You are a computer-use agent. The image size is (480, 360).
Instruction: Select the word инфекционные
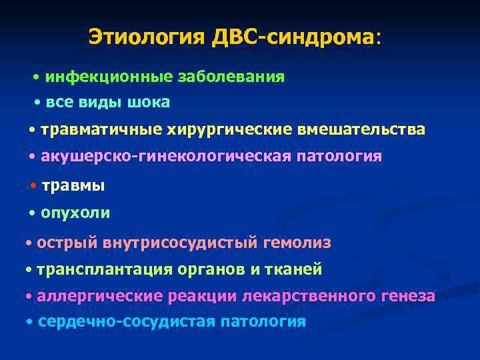109,77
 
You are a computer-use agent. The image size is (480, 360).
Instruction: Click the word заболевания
231,77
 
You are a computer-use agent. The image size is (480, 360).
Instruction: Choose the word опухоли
75,213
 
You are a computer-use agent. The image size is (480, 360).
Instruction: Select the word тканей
298,269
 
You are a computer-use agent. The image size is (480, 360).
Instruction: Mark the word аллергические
95,295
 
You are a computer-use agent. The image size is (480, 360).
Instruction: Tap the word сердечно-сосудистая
127,321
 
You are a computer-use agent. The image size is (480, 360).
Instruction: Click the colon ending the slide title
379,37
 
